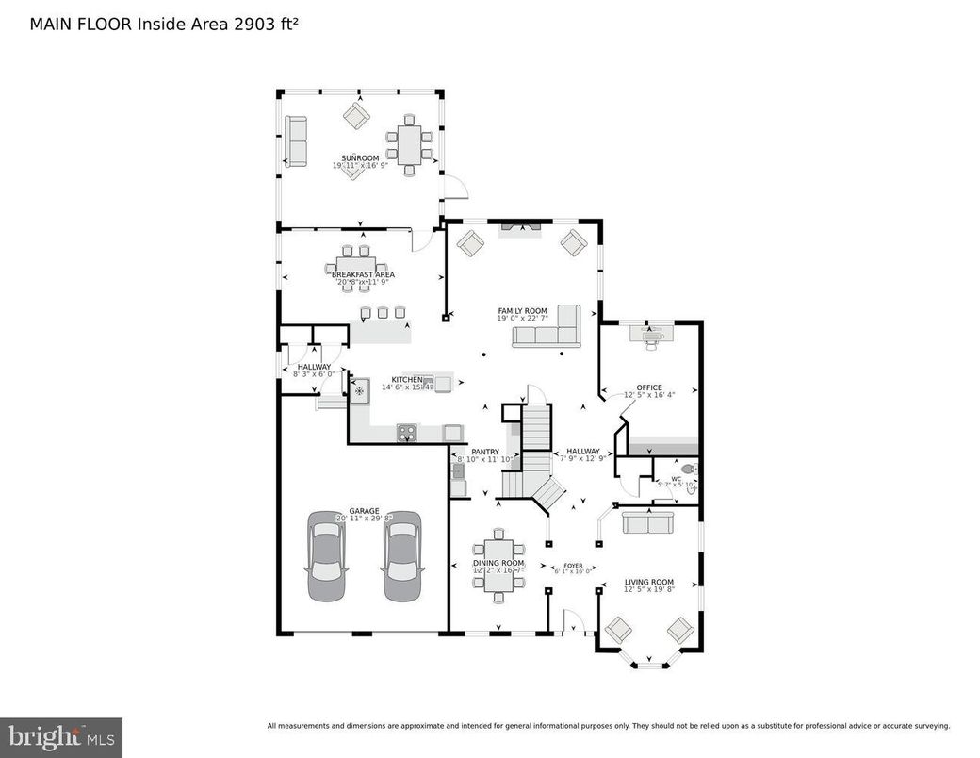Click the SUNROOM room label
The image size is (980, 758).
[x=360, y=157]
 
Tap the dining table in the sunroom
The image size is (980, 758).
[x=409, y=145]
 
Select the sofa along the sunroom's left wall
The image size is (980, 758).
[x=296, y=141]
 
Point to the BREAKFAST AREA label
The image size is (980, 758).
[x=363, y=274]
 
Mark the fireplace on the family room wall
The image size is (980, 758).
[x=519, y=226]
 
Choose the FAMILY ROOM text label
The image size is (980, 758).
[x=522, y=310]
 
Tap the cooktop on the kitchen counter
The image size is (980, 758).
[x=407, y=432]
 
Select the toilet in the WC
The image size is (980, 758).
[x=689, y=469]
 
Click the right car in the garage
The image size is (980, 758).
[x=402, y=556]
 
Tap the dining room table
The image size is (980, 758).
[x=498, y=564]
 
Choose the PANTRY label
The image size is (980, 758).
[x=485, y=452]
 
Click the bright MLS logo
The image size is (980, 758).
[x=61, y=736]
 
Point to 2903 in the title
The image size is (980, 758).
[x=253, y=24]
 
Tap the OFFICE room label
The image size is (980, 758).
[x=648, y=387]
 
